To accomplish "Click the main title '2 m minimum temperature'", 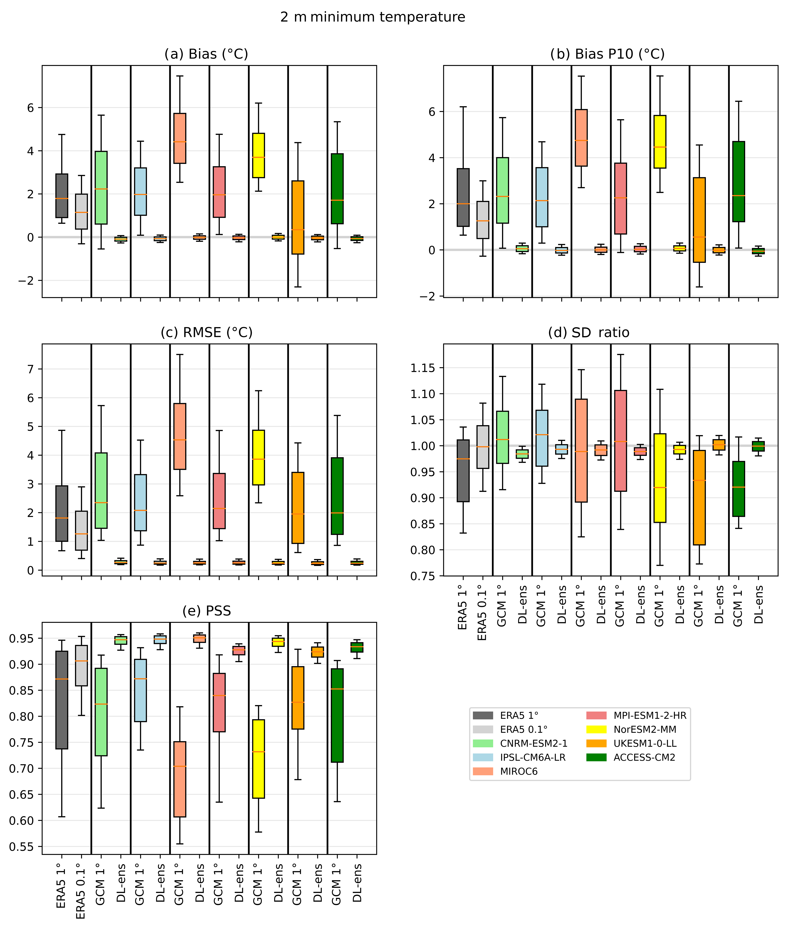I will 373,17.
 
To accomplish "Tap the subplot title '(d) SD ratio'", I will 589,333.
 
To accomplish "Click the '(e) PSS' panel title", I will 206,611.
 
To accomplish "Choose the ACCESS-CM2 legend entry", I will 631,758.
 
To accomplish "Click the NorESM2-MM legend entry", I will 631,730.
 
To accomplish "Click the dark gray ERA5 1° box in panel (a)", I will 62,196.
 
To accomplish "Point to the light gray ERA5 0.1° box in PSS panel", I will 81,665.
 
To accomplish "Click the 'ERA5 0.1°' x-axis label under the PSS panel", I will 81,891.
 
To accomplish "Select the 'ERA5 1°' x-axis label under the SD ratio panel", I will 463,607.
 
